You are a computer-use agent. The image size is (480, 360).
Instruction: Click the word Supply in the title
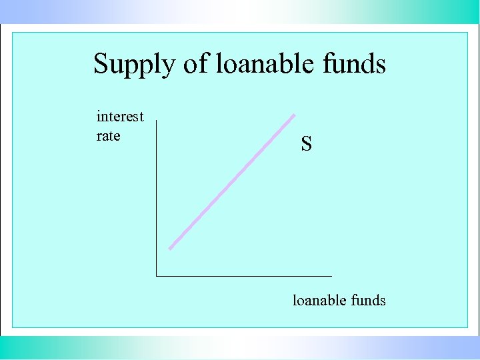tap(134, 65)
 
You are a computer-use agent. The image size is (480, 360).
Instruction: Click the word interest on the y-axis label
tap(120, 117)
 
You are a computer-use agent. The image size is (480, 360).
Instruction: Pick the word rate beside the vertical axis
tap(108, 136)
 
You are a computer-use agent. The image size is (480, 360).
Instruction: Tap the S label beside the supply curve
tap(306, 143)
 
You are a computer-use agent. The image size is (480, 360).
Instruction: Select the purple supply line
tap(232, 182)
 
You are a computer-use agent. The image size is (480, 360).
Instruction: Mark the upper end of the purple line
tap(293, 115)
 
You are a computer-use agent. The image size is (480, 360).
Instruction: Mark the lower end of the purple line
tap(171, 249)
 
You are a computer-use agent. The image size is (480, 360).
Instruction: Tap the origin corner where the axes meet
tap(156, 275)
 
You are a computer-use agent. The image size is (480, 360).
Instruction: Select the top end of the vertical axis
tap(156, 121)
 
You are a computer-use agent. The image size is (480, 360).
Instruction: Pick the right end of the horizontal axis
tap(331, 275)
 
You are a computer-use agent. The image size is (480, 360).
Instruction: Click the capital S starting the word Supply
tap(101, 64)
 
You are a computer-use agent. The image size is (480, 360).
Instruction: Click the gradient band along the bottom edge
tap(240, 347)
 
